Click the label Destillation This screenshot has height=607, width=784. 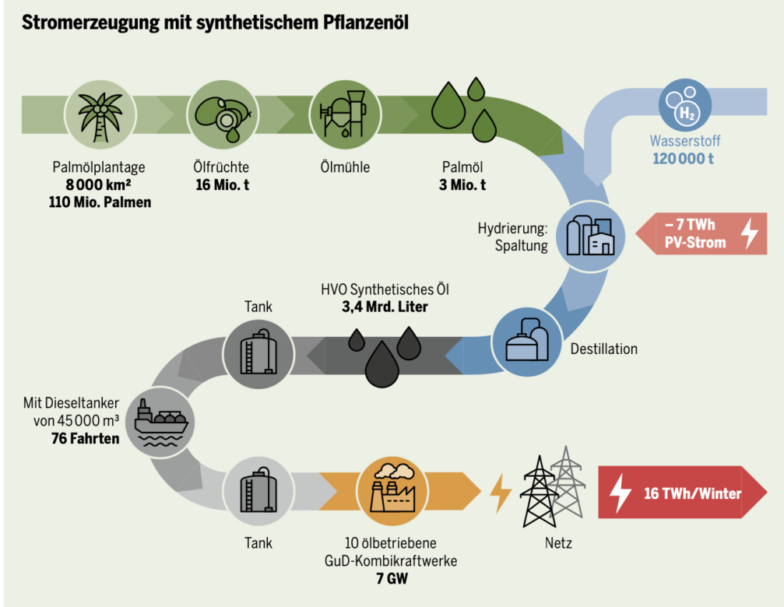click(x=603, y=349)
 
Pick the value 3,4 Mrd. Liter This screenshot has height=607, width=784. click(x=385, y=307)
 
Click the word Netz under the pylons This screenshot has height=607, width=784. click(x=557, y=543)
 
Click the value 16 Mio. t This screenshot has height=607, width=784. click(x=221, y=184)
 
